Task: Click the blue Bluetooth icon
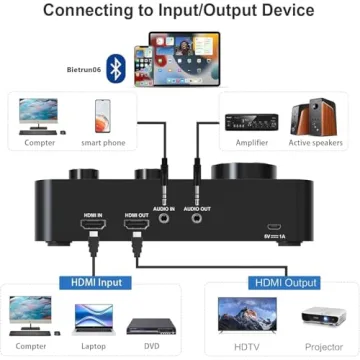click(x=116, y=68)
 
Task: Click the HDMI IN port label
click(x=93, y=215)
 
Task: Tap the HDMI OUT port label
click(x=136, y=215)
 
